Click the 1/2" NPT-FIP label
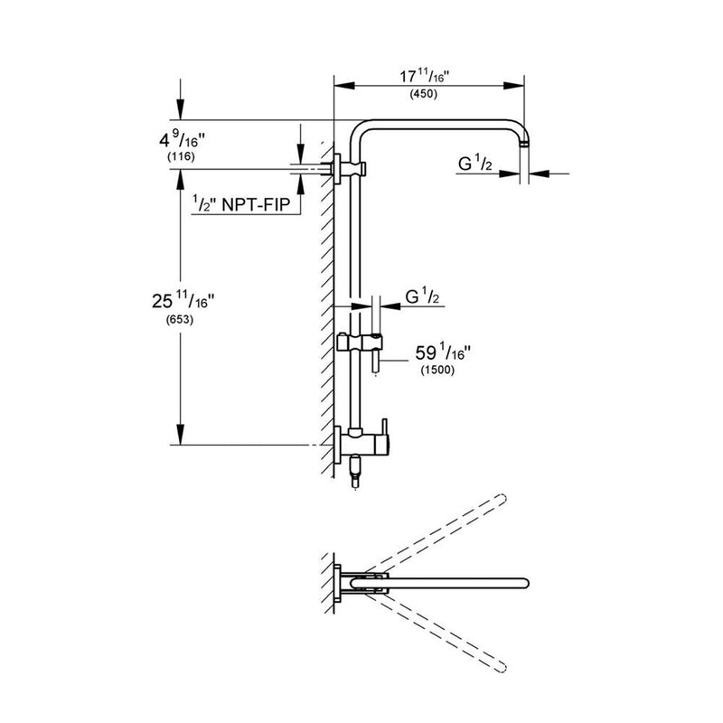click(x=241, y=205)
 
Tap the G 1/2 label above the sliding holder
click(x=423, y=296)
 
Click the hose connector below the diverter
click(x=355, y=470)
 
